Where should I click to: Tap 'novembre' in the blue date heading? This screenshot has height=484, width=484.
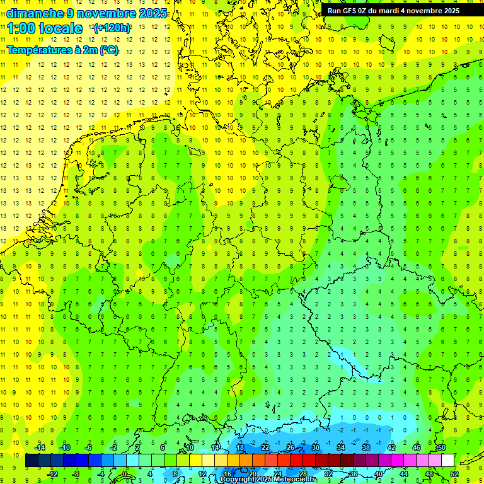click(101, 13)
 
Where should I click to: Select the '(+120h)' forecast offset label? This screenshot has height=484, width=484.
click(112, 28)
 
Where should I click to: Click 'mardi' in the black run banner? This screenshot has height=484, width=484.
click(389, 11)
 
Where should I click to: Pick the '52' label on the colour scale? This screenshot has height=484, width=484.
click(454, 473)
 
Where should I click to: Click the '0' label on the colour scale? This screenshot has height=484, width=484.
click(125, 473)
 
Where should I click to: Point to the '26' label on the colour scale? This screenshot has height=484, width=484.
click(290, 447)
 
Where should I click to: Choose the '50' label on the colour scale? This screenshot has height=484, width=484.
click(441, 447)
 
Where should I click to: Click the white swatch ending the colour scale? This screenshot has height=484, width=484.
click(447, 461)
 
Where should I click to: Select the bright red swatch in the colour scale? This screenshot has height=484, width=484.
click(296, 461)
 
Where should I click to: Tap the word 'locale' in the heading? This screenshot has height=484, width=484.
click(60, 28)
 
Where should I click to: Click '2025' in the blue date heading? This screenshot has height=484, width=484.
click(152, 13)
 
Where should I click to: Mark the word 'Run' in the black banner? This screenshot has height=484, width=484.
click(333, 11)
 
